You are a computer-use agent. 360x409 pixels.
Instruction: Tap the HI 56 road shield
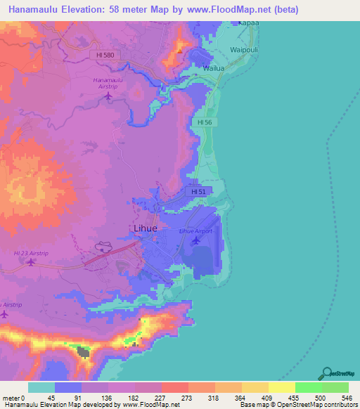205,122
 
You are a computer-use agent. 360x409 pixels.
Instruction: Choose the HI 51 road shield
198,190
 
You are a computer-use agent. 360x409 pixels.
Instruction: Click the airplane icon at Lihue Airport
195,241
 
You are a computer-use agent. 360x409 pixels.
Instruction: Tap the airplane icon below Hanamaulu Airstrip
108,96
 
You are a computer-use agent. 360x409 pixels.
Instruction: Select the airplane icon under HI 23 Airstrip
30,262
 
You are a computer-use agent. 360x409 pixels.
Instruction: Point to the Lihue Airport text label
195,231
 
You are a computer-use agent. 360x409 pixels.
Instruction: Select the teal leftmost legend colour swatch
41,387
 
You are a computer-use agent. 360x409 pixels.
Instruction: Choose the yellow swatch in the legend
281,387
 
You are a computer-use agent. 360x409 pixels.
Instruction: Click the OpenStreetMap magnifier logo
328,373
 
